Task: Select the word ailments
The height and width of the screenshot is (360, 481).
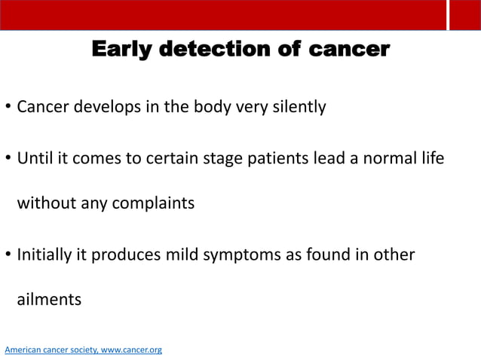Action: point(49,299)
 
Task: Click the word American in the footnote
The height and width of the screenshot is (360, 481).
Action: point(23,350)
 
